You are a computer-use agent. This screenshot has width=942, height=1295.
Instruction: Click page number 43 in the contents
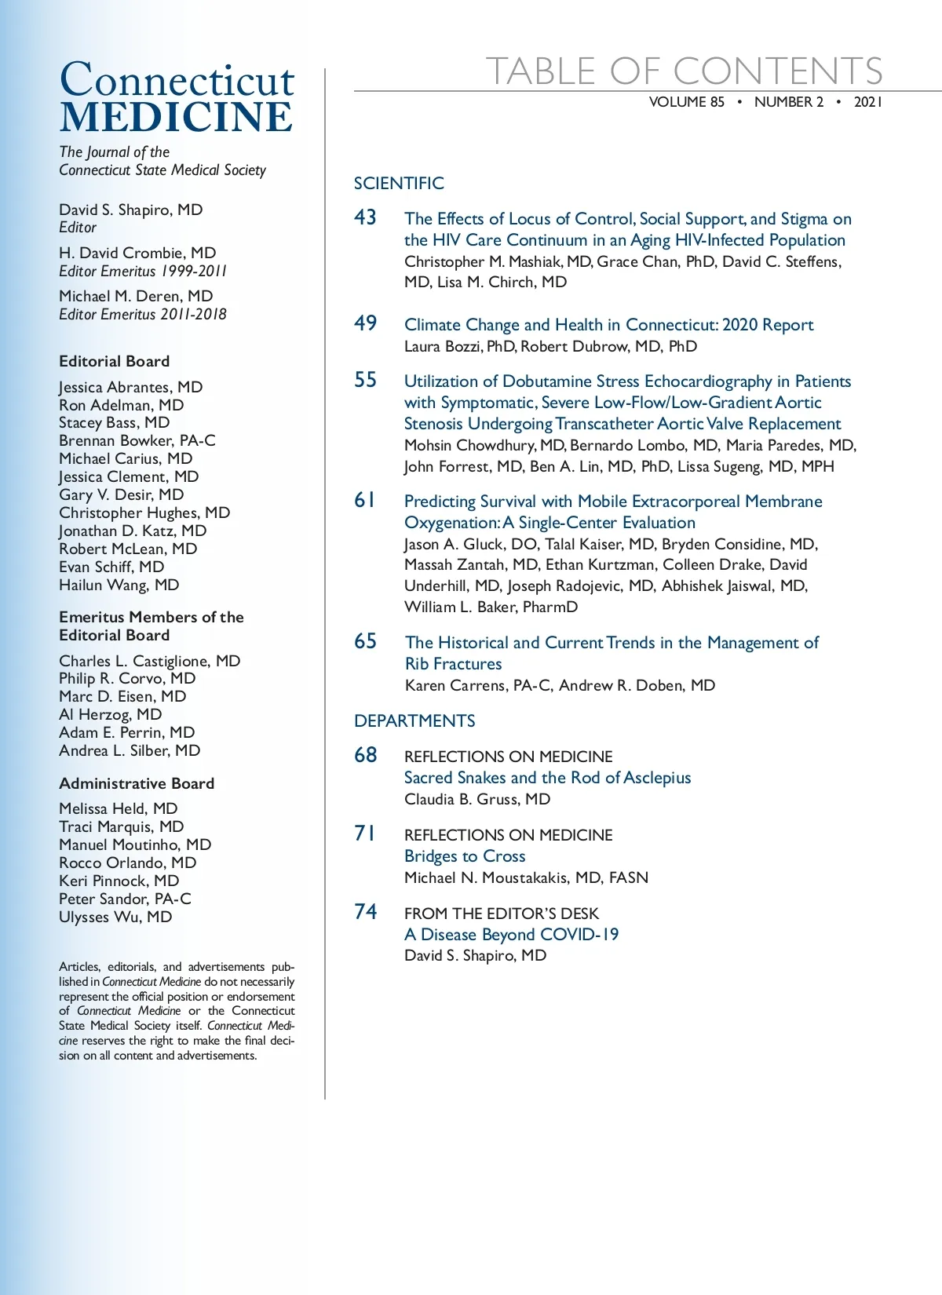[x=365, y=217]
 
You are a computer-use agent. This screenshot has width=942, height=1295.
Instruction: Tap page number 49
[x=365, y=323]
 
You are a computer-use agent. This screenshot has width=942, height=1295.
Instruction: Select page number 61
[x=365, y=500]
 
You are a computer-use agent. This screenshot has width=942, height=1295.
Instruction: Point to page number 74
[x=365, y=912]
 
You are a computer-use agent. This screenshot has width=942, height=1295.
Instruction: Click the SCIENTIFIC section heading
[x=399, y=184]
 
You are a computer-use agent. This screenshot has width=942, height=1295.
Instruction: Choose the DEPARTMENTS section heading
[x=414, y=721]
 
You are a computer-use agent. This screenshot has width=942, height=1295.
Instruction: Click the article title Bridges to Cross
[x=465, y=856]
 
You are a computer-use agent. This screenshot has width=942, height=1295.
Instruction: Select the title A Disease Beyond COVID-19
[x=511, y=935]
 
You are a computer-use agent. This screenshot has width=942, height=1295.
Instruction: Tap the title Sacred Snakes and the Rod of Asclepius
[x=547, y=778]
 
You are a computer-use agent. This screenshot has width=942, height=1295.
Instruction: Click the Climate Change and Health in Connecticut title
[x=608, y=325]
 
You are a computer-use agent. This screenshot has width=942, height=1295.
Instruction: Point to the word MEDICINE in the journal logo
[x=176, y=118]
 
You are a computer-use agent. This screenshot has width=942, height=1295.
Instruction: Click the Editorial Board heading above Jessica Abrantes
[x=114, y=362]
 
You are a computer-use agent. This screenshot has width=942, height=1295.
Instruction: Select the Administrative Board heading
[x=137, y=783]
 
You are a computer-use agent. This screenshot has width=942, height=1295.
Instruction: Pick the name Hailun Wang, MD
[x=119, y=585]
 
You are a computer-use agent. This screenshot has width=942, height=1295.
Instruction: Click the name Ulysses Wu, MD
[x=115, y=917]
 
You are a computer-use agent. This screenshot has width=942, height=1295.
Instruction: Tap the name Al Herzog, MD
[x=110, y=714]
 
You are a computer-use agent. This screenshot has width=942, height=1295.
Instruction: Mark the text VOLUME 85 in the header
[x=686, y=102]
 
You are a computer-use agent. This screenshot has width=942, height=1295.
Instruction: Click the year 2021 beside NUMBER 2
[x=868, y=102]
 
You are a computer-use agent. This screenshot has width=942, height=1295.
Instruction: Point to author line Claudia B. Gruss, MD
[x=477, y=799]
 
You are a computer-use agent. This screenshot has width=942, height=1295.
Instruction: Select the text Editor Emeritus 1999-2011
[x=143, y=272]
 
